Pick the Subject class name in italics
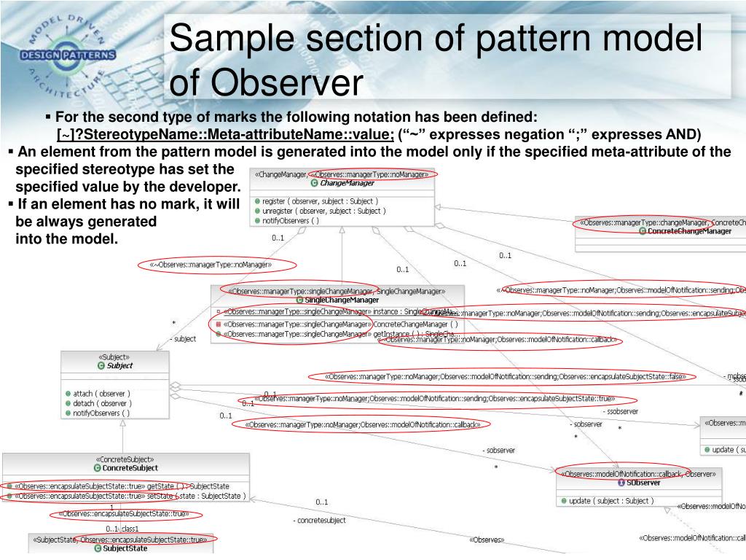coord(119,365)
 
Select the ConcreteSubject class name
coord(130,468)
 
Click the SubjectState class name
coord(126,548)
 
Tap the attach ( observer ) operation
coord(101,394)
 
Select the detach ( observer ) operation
coord(101,403)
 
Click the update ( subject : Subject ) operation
coord(610,501)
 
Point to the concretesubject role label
coord(320,521)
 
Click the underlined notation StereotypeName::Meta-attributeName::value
coord(226,134)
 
